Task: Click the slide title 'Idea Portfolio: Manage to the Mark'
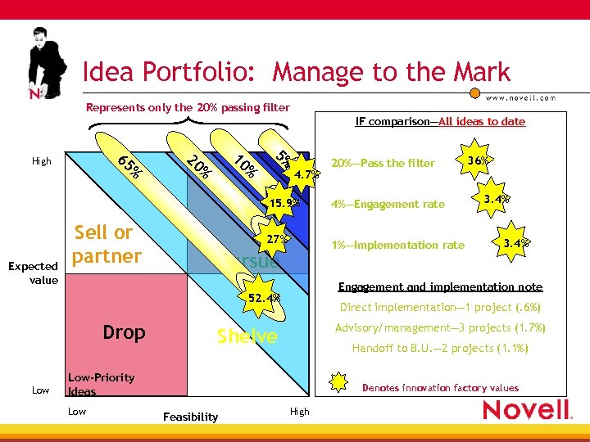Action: (x=296, y=72)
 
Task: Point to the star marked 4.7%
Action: (x=305, y=174)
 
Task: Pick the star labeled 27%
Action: (x=276, y=240)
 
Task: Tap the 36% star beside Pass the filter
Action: (x=478, y=160)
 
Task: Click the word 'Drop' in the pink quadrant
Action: (x=124, y=332)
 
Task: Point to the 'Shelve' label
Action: (x=247, y=336)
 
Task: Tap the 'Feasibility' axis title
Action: (x=191, y=417)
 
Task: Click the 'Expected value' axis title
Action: (x=33, y=273)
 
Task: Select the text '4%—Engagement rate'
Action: (x=388, y=205)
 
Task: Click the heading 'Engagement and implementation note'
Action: (x=440, y=286)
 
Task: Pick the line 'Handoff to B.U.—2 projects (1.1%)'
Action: (x=441, y=348)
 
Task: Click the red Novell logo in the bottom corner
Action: (x=526, y=410)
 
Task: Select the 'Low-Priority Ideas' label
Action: (x=101, y=384)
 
